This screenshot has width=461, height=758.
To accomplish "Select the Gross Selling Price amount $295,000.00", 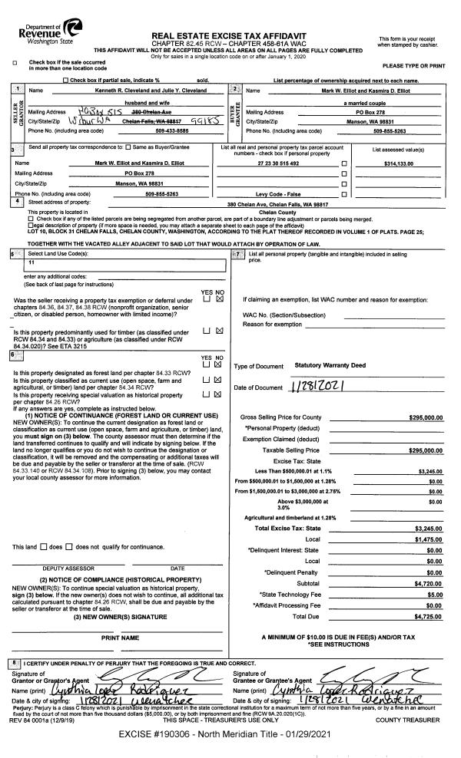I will [426, 417].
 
